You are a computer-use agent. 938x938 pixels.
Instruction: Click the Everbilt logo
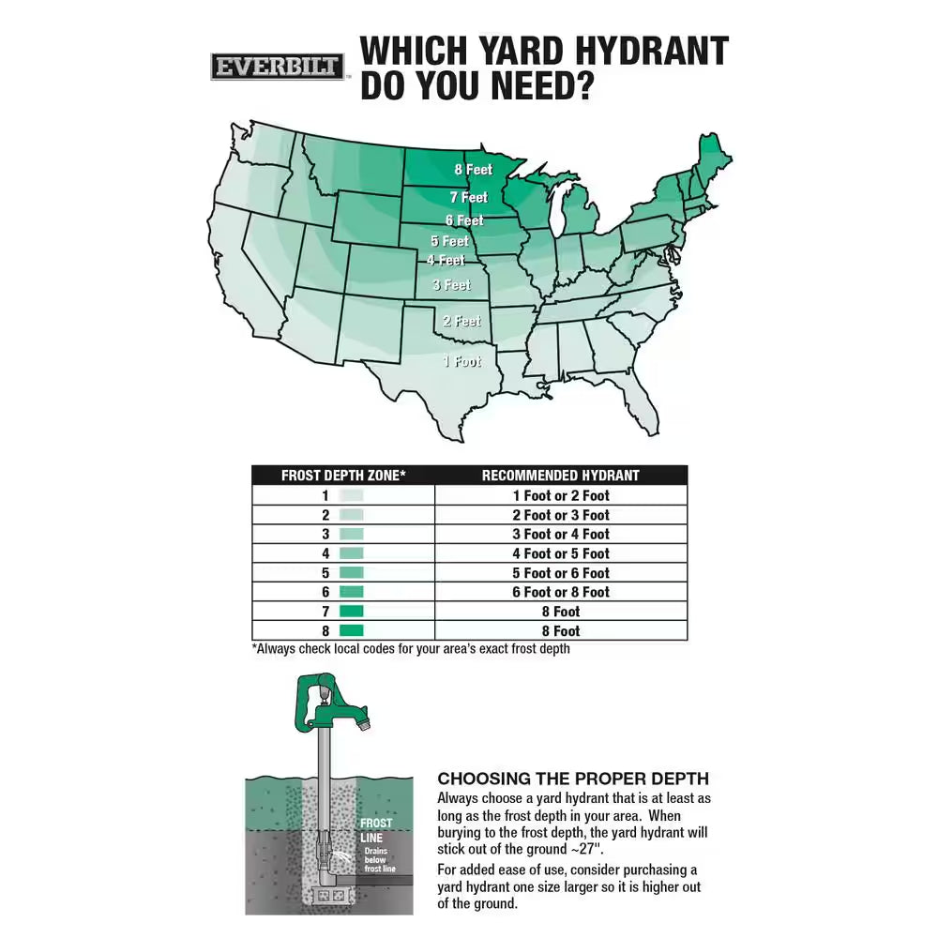(277, 68)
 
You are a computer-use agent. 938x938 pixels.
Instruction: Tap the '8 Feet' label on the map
(473, 170)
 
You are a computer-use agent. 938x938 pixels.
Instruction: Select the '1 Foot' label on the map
(462, 361)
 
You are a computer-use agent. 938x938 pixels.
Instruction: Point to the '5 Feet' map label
(449, 241)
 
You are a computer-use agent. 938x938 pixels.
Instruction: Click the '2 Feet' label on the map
(461, 321)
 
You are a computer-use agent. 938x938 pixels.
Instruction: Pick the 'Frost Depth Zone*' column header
(343, 476)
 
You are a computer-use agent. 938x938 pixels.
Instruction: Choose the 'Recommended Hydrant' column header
(560, 476)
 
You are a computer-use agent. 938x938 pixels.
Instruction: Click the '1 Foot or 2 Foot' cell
(560, 495)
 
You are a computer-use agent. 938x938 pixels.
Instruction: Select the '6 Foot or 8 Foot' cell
(560, 592)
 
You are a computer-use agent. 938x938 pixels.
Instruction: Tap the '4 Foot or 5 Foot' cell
(560, 553)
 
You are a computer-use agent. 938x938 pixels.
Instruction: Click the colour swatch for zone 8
(351, 631)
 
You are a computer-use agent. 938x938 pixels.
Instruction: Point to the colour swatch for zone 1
(351, 495)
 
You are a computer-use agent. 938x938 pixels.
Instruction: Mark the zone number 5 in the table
(325, 573)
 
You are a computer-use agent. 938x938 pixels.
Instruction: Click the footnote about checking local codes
(410, 648)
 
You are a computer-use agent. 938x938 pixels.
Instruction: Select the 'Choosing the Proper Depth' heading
(573, 779)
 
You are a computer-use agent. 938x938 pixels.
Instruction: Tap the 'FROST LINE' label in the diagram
(376, 829)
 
